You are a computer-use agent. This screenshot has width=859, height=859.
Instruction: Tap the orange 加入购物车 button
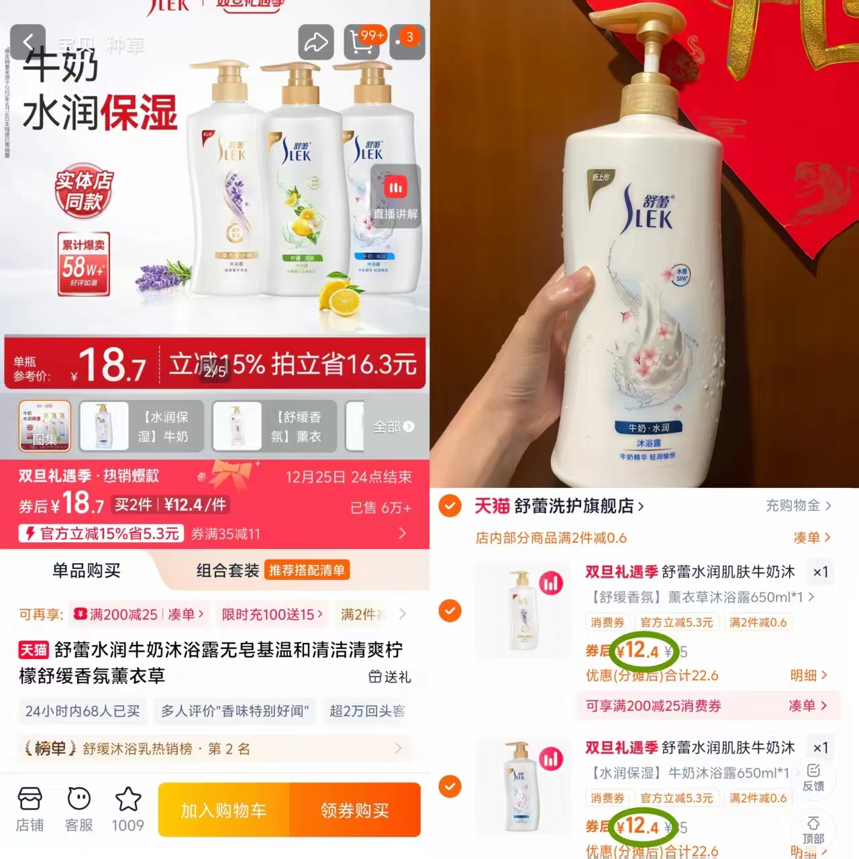tap(224, 811)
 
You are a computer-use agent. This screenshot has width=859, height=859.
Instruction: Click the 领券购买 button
tap(355, 811)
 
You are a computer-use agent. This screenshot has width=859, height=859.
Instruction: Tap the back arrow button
tap(28, 42)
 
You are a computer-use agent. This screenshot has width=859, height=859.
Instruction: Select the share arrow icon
tap(315, 42)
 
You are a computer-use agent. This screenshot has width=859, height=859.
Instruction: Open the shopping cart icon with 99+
tap(363, 42)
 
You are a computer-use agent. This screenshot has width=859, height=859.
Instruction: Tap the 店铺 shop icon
tap(30, 809)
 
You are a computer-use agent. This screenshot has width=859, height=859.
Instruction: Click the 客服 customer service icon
tap(79, 809)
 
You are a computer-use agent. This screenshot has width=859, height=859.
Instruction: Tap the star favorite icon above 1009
tap(128, 799)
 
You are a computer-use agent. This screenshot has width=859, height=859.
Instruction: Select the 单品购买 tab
tap(87, 571)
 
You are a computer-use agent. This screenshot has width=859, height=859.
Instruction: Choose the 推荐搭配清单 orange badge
tap(307, 570)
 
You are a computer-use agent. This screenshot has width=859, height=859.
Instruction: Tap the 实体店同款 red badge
tap(84, 191)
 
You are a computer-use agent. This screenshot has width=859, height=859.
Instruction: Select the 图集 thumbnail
tap(44, 426)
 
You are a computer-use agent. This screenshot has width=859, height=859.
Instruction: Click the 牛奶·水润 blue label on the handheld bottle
tap(648, 427)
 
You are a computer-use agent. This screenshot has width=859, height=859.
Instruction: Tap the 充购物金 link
tap(798, 506)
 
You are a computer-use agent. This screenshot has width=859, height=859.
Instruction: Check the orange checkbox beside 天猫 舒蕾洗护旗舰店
tap(450, 506)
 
